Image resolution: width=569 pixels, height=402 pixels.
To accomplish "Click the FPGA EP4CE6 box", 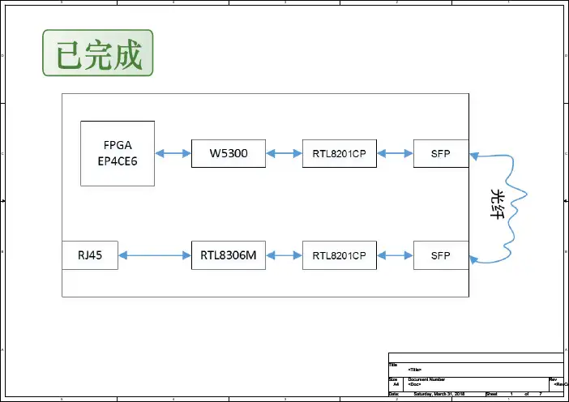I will coord(118,153).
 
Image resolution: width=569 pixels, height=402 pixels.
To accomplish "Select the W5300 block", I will coord(229,153).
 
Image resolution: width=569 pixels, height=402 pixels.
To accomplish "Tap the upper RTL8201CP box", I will coord(340,153).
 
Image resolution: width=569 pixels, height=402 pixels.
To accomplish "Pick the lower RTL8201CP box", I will coord(340,255).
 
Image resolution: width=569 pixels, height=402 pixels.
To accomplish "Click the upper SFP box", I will coord(441,153).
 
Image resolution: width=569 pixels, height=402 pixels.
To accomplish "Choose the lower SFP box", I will coord(441,255).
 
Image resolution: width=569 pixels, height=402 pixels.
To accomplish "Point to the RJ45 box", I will coord(90,255).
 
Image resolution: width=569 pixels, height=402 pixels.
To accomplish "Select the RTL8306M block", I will coord(229,255).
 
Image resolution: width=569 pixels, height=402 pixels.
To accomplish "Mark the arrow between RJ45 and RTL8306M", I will coord(155,255).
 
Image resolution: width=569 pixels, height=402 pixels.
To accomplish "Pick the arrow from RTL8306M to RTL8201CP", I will coord(284,255).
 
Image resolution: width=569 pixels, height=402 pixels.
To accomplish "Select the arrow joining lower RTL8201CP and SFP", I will coord(396,255).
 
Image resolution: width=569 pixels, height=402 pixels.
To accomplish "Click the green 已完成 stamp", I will coord(98,54).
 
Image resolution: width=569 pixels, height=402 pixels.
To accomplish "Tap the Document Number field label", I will coord(427,379).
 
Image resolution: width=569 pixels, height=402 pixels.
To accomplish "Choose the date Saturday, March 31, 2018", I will coord(439,394).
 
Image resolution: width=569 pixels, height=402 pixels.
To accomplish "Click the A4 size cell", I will coord(396,384).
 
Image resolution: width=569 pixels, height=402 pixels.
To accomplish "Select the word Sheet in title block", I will coord(491,394).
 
